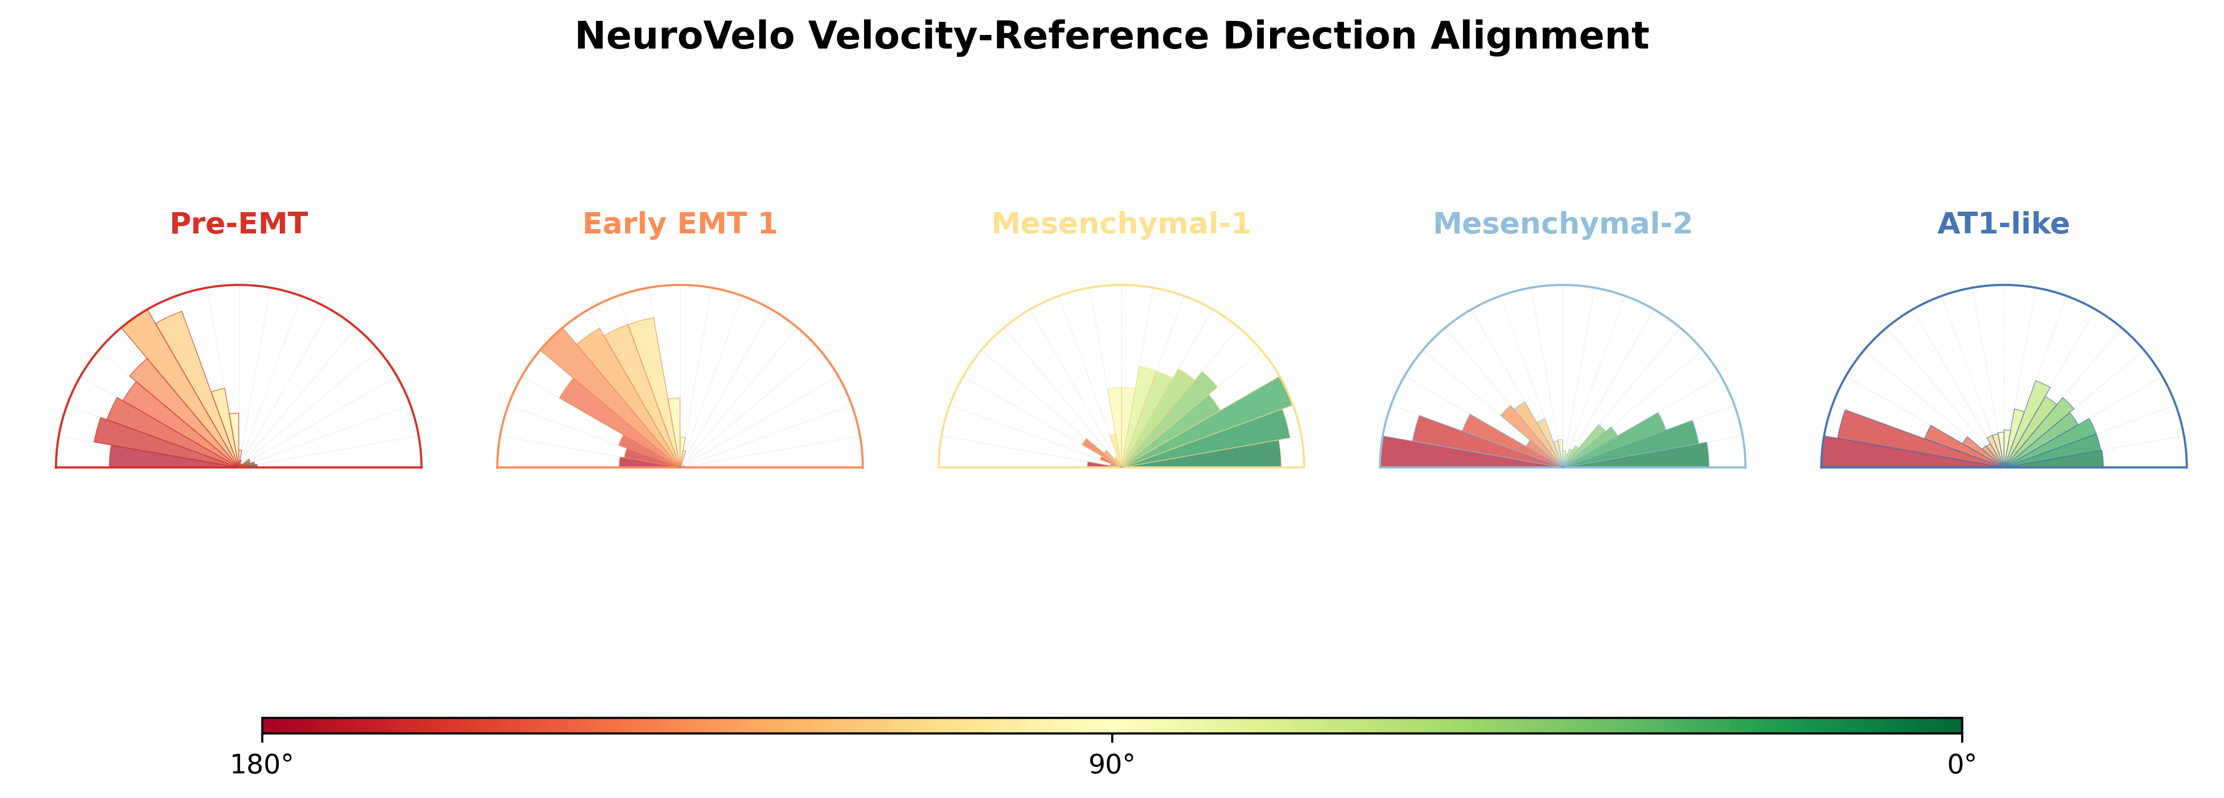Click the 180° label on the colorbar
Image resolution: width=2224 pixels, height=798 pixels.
(x=262, y=765)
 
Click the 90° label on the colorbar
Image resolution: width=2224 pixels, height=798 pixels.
(x=1112, y=765)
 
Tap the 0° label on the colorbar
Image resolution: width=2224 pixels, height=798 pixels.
(x=1962, y=765)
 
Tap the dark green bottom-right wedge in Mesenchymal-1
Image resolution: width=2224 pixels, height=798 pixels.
(x=1226, y=455)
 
